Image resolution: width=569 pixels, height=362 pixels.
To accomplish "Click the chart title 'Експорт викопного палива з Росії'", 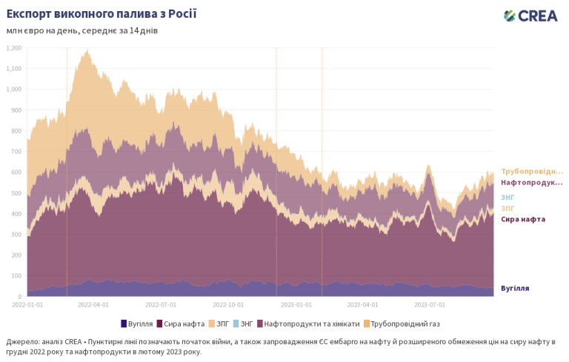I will click(x=102, y=14).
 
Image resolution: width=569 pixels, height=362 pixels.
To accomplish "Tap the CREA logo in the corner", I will click(x=531, y=16).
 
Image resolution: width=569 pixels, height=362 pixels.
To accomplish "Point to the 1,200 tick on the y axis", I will click(x=13, y=48).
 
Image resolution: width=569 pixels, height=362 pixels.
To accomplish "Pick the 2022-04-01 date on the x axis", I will click(x=94, y=304).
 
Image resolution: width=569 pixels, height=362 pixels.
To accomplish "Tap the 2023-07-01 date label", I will click(x=430, y=304).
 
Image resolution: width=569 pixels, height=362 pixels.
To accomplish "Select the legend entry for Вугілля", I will click(x=136, y=324).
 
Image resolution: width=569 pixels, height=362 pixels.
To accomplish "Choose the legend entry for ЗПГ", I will click(x=219, y=324).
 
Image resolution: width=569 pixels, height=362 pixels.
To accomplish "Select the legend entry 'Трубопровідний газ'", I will click(x=404, y=324).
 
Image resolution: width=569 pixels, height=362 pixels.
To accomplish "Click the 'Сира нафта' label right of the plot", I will click(x=523, y=219).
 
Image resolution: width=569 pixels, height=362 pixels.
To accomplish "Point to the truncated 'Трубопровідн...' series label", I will click(x=531, y=171).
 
